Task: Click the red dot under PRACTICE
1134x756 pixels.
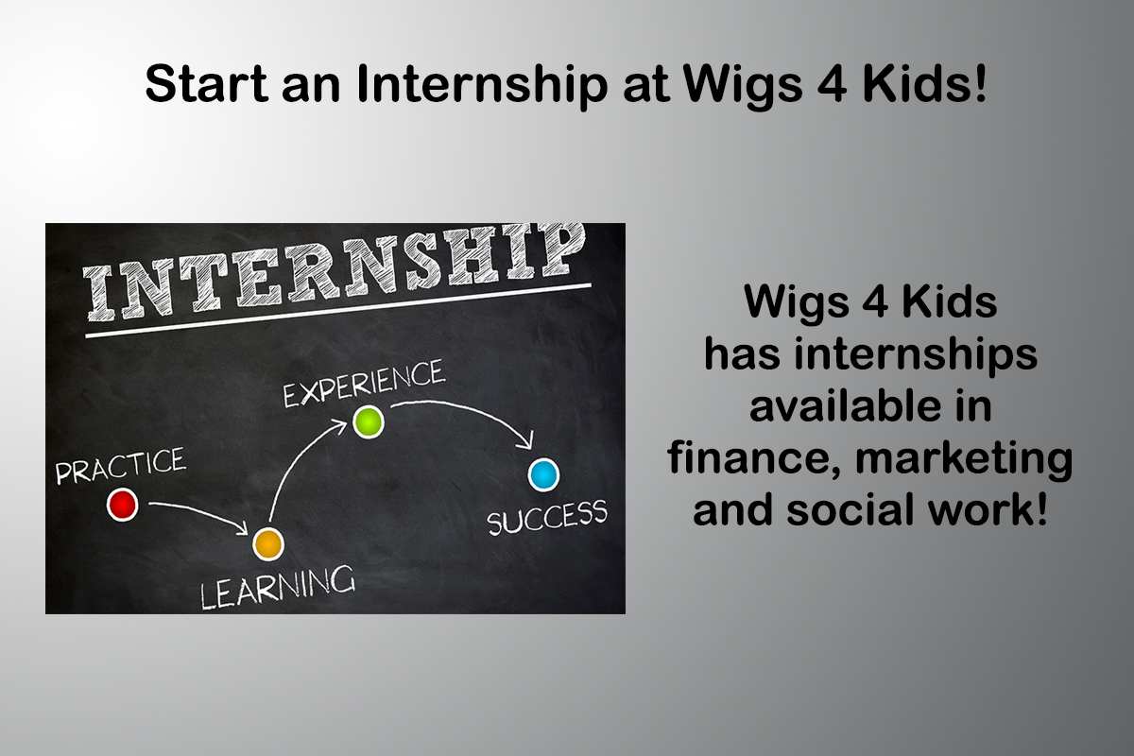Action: (123, 505)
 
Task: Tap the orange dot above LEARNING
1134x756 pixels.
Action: (268, 543)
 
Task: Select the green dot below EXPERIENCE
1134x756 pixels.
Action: (368, 421)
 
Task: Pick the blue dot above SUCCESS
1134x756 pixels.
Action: (543, 475)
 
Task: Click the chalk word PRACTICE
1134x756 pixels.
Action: (121, 465)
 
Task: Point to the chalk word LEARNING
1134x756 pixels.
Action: (278, 587)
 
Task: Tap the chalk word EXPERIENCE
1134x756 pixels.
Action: (364, 383)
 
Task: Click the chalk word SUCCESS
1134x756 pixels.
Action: (547, 517)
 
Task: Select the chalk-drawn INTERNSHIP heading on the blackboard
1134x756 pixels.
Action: (335, 272)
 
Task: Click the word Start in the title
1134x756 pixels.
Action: (207, 83)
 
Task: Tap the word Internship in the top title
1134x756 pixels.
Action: (481, 84)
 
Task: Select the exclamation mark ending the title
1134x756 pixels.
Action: (980, 83)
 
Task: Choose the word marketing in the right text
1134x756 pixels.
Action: (963, 458)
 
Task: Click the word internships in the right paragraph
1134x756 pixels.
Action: (916, 354)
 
